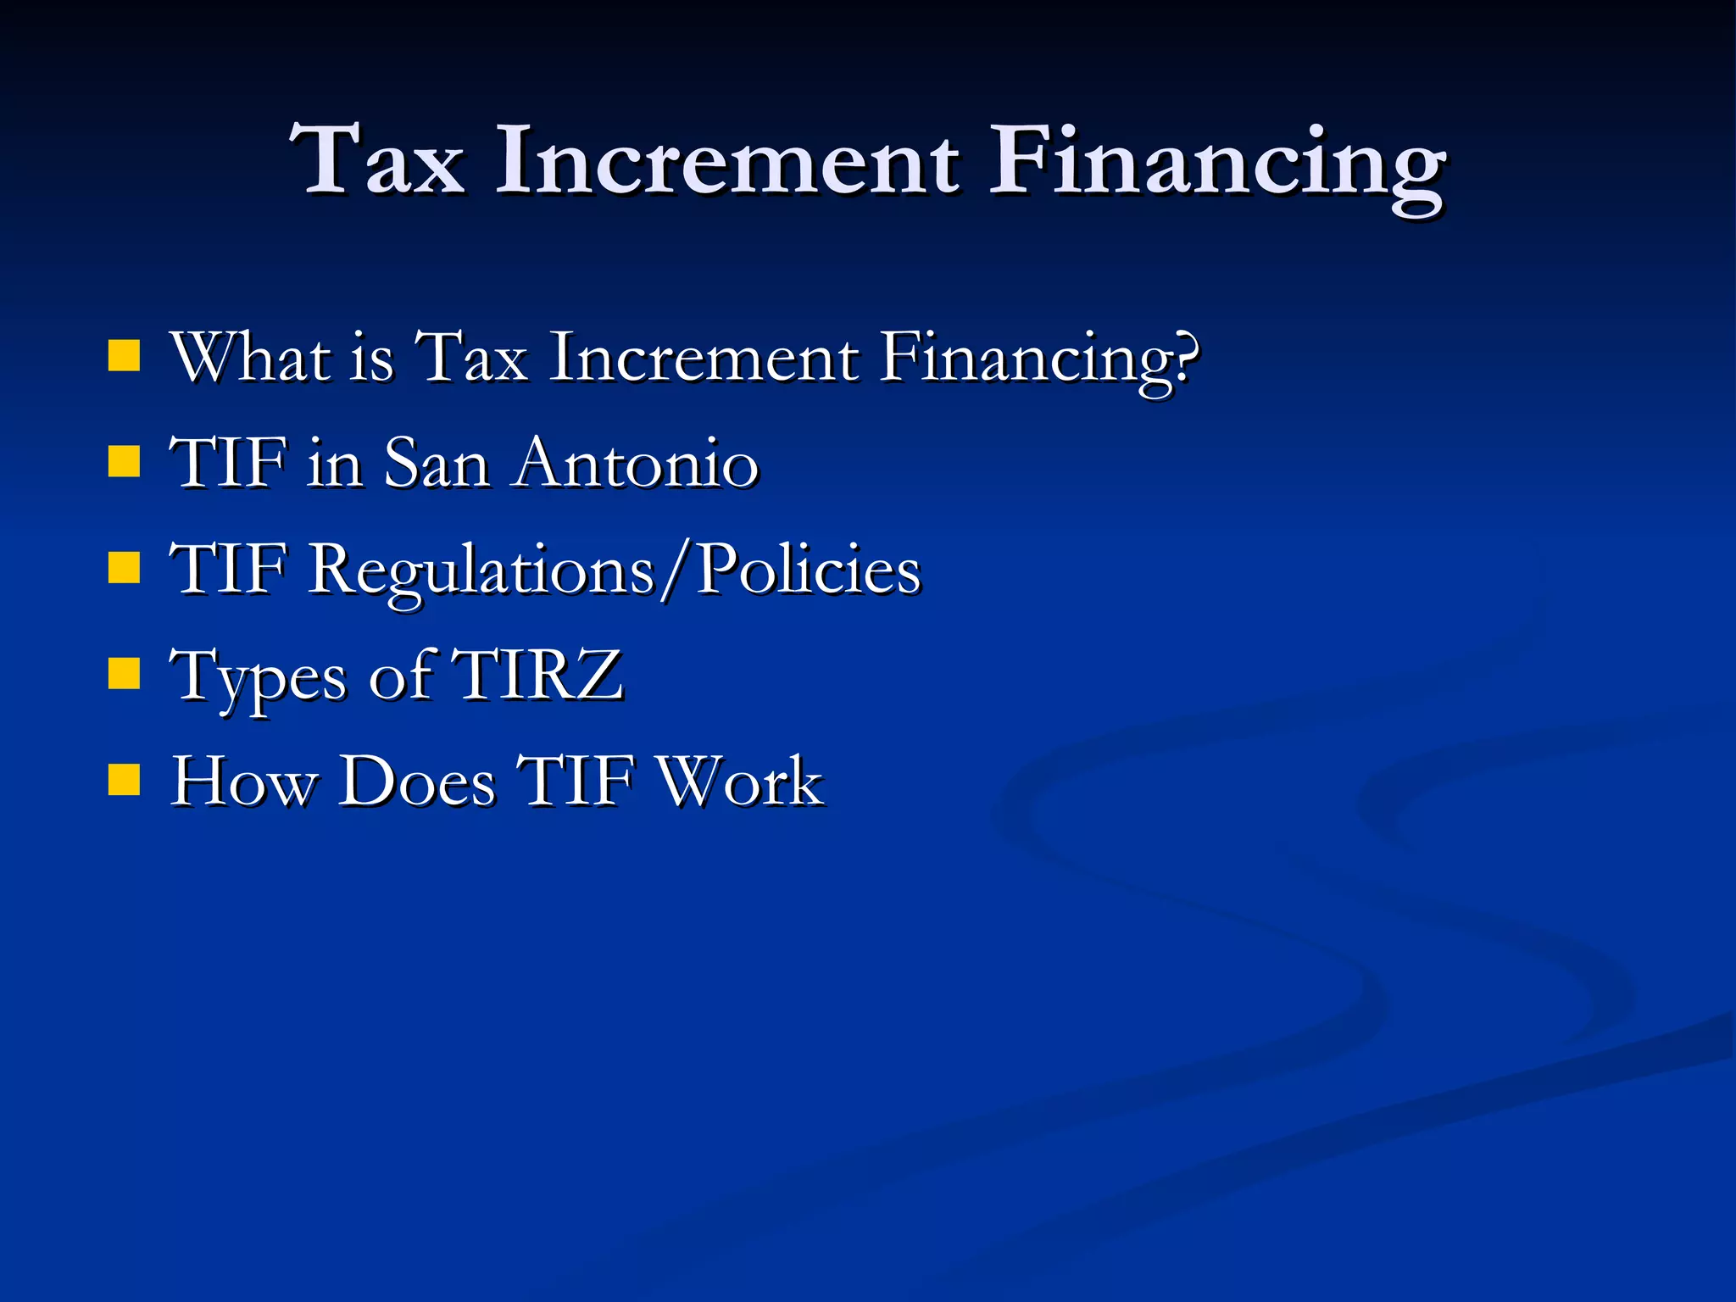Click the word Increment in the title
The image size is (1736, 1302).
coord(727,159)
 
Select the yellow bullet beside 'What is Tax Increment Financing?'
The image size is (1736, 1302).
coord(124,357)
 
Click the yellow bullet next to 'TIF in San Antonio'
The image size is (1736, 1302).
coord(124,463)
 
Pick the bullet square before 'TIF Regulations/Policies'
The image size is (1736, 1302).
coord(124,569)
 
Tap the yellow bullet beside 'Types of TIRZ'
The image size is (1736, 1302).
coord(124,675)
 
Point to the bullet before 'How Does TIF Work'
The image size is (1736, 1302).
coord(124,781)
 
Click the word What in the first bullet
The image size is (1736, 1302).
coord(251,357)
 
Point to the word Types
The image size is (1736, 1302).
coord(258,678)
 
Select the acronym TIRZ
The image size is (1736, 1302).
coord(538,675)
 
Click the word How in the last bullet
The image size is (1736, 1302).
coord(242,781)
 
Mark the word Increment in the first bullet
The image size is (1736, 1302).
coord(704,357)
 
